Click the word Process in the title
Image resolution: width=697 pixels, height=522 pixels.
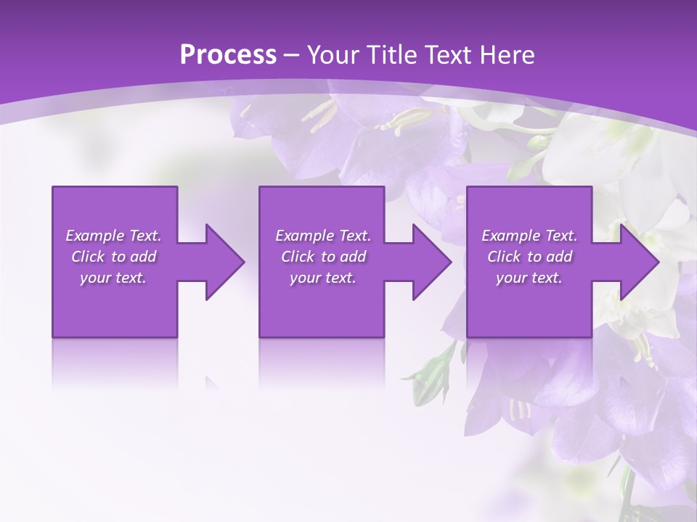tap(228, 55)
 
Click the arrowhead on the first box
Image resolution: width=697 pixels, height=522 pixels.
tap(221, 262)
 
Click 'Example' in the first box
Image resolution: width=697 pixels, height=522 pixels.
tap(94, 236)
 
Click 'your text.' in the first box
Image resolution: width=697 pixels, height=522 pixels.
tap(113, 278)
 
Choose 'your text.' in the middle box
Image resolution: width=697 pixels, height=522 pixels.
tap(322, 278)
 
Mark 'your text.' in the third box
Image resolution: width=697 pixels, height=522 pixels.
tap(529, 278)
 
